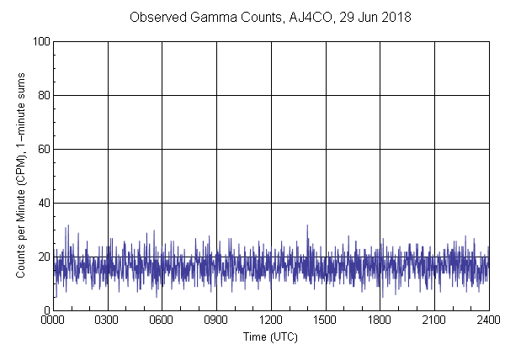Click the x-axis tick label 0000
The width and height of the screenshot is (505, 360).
53,320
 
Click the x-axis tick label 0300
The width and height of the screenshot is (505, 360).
107,320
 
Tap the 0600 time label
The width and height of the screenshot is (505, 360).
162,320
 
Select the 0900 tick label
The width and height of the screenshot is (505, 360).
216,320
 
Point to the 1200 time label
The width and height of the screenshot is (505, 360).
271,320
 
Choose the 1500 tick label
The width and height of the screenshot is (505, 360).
325,320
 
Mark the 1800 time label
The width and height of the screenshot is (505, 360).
380,320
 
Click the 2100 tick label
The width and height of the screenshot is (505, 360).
434,320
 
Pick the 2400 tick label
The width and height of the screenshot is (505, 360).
488,320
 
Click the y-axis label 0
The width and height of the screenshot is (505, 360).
45,310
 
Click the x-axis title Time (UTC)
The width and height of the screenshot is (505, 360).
270,336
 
